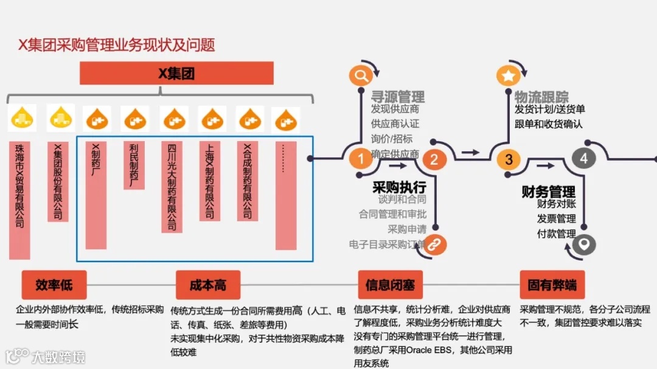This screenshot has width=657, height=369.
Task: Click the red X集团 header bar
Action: click(176, 74)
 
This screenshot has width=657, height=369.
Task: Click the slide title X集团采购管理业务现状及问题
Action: click(116, 44)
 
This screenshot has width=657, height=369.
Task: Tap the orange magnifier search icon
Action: click(360, 75)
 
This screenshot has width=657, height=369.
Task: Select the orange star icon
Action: click(508, 75)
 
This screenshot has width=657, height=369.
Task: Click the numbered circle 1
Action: click(360, 159)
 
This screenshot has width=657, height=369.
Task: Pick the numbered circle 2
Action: click(434, 159)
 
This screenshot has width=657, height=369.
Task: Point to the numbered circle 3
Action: click(509, 159)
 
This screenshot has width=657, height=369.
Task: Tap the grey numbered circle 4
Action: click(583, 159)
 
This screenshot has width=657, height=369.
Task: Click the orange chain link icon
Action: click(435, 244)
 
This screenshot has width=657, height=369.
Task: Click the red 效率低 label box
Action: click(54, 285)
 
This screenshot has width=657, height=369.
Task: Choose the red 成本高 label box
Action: click(208, 285)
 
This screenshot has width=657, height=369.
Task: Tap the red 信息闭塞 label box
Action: click(390, 285)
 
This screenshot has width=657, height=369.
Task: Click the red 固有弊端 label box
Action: click(552, 285)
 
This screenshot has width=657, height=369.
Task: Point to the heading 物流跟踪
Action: click(541, 97)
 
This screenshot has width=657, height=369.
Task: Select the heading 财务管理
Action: click(549, 192)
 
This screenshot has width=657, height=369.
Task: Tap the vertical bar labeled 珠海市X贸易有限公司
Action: click(19, 200)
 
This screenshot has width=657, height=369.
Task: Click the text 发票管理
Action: click(556, 219)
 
